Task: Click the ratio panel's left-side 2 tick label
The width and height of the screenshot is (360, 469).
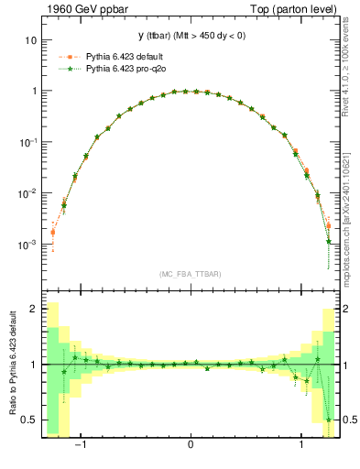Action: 32,310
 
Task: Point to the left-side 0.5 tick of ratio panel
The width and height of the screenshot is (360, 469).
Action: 28,420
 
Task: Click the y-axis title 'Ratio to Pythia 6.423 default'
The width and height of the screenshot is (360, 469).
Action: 10,366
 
